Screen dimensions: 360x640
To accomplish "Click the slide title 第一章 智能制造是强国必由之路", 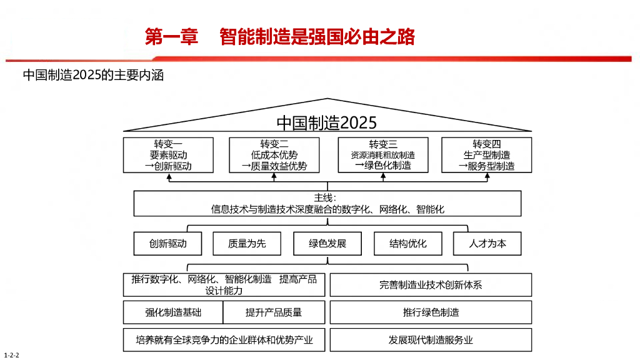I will click(x=280, y=37).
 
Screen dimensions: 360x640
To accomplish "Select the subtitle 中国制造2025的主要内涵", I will click(x=93, y=76).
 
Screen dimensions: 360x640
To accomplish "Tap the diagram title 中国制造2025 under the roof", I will click(x=327, y=122).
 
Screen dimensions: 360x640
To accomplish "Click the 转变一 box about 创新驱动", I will click(x=168, y=155).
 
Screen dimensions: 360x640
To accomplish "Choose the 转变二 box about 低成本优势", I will click(x=274, y=155).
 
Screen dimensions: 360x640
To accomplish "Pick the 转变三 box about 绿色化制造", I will click(x=383, y=155).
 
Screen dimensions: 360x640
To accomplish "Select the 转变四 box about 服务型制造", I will click(x=486, y=155).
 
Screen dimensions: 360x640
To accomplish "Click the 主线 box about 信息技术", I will click(x=327, y=204).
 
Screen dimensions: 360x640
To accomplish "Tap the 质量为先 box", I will click(x=247, y=244).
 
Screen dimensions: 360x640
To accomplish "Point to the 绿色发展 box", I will click(x=327, y=244).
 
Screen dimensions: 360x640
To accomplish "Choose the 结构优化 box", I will click(x=407, y=244).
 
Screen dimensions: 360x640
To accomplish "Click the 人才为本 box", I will click(x=487, y=244).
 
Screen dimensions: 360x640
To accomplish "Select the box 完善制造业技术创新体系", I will click(x=431, y=285).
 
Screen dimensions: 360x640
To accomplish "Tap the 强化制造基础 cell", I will click(x=173, y=312).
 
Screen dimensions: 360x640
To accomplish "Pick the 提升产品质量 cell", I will click(x=274, y=312).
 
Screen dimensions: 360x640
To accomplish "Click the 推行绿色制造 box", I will click(x=431, y=312).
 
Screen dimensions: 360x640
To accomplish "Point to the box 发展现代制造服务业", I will click(x=431, y=340).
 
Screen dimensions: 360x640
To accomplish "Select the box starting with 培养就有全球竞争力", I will click(x=224, y=340).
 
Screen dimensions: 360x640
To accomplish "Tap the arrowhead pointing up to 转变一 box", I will click(x=169, y=177).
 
